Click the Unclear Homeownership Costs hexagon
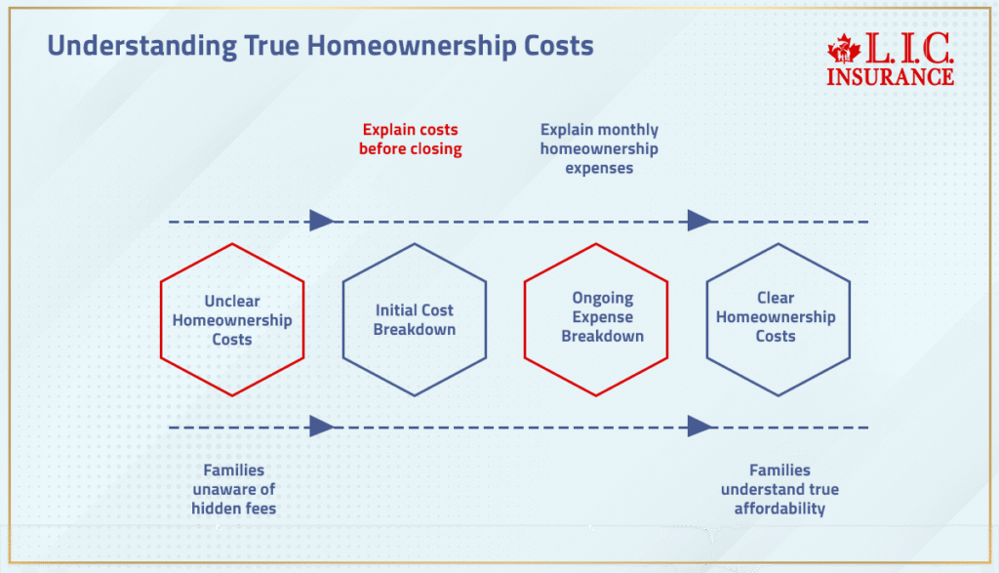[232, 320]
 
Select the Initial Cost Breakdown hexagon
[415, 320]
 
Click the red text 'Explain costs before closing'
[410, 140]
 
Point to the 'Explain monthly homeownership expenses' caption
[599, 148]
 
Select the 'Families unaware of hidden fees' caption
[233, 489]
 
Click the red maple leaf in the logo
[841, 49]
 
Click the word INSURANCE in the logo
[890, 75]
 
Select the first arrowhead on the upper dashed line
[321, 221]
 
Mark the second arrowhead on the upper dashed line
[699, 221]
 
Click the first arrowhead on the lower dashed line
[321, 427]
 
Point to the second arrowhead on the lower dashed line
[699, 427]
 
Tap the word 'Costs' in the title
[557, 46]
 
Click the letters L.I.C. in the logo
[904, 48]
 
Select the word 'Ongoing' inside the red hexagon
[603, 298]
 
